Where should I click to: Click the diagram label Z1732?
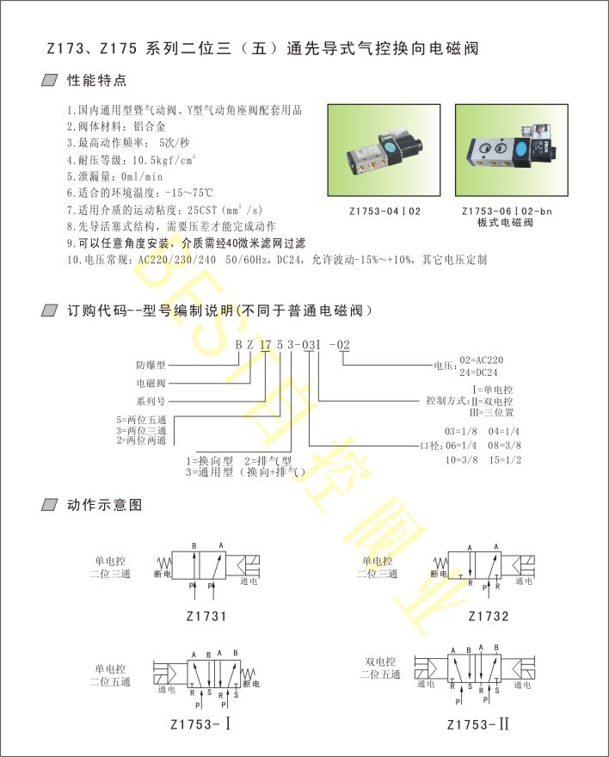point(489,617)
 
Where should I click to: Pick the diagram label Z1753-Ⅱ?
point(479,723)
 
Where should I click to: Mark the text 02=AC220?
point(483,360)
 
